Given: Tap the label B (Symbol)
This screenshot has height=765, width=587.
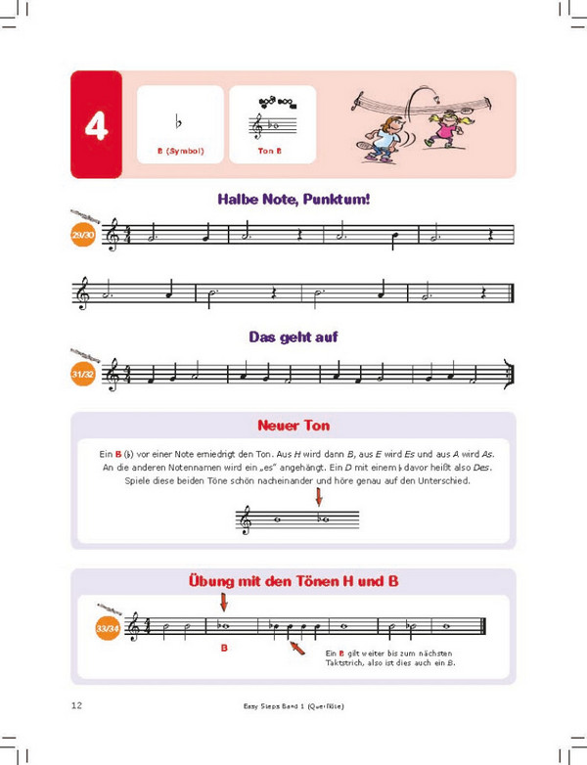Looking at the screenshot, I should pyautogui.click(x=179, y=152).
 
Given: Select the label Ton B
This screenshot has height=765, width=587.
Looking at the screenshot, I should pyautogui.click(x=271, y=152).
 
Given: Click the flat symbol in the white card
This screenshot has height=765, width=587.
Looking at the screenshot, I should pyautogui.click(x=178, y=122).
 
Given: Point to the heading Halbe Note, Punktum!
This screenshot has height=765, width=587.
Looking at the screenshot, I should pyautogui.click(x=293, y=200).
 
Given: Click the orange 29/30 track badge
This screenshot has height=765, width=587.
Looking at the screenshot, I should pyautogui.click(x=83, y=235).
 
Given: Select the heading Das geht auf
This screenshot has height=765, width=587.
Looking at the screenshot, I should pyautogui.click(x=293, y=337).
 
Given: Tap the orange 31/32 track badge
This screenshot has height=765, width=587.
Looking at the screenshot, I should pyautogui.click(x=83, y=374).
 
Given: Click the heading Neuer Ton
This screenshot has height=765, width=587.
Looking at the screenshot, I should pyautogui.click(x=293, y=426).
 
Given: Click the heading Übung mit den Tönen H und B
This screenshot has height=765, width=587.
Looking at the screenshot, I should pyautogui.click(x=293, y=582).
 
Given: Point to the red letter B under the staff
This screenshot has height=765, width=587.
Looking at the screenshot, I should pyautogui.click(x=223, y=648).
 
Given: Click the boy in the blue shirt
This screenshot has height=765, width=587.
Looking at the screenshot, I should pyautogui.click(x=384, y=135).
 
